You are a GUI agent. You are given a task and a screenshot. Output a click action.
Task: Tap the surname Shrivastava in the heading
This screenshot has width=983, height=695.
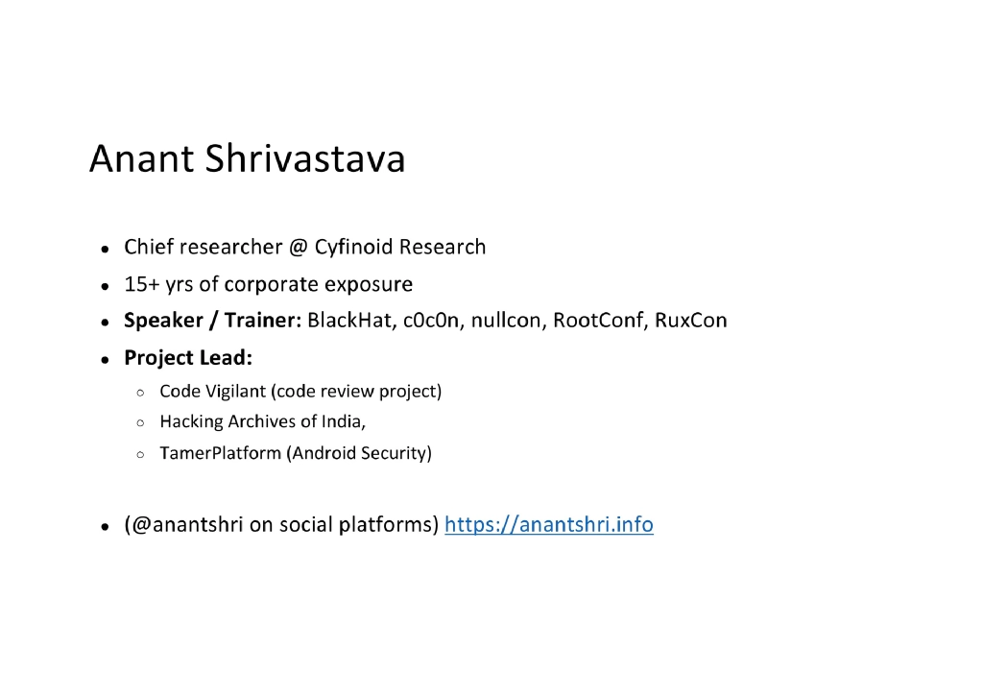[x=305, y=159]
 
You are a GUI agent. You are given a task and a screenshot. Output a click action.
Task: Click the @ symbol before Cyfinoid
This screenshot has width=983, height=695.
[x=298, y=248]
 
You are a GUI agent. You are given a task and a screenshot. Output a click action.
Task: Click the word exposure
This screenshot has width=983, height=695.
[x=369, y=285]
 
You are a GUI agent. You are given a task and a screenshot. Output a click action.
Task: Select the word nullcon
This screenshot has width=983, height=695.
[x=508, y=321]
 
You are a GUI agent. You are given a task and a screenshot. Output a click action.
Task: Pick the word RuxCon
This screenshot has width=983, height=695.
[x=691, y=321]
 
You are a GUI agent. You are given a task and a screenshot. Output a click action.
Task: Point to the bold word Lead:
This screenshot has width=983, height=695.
[x=226, y=358]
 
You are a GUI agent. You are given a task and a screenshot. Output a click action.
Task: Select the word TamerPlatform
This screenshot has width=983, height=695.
[x=221, y=453]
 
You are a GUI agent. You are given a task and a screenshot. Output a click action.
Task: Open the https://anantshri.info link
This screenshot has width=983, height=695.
[x=549, y=525]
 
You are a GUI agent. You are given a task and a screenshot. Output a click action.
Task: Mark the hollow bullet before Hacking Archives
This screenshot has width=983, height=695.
[x=140, y=422]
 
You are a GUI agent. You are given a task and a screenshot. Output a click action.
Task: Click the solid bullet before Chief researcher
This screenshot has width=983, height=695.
[x=104, y=249]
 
